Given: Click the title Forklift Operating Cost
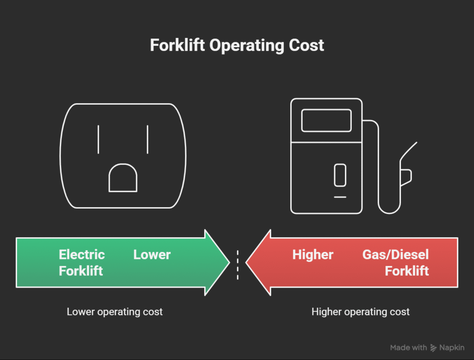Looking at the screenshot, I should pos(237,45).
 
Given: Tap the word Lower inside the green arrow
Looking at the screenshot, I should pos(152,254).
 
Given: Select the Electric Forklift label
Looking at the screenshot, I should pos(81,262).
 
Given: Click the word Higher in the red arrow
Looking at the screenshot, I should pos(312,254).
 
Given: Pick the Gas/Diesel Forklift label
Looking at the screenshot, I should pos(396,262).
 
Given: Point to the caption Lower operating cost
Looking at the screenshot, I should pos(115,312).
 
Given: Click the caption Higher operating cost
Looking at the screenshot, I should pos(361,312).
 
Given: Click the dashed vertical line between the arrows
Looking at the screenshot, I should pos(237,265).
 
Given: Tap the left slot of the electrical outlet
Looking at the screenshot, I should pos(98,139).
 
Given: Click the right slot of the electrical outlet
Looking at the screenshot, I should pos(147,139).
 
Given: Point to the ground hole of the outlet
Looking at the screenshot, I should pos(123,179).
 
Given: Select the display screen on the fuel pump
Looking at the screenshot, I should pos(326,120).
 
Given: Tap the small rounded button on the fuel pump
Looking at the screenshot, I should pos(340,175).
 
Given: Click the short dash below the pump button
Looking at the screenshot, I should pos(340,197).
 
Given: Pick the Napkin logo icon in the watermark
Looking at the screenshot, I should pos(434,347).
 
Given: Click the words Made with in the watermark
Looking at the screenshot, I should pos(408,347).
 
